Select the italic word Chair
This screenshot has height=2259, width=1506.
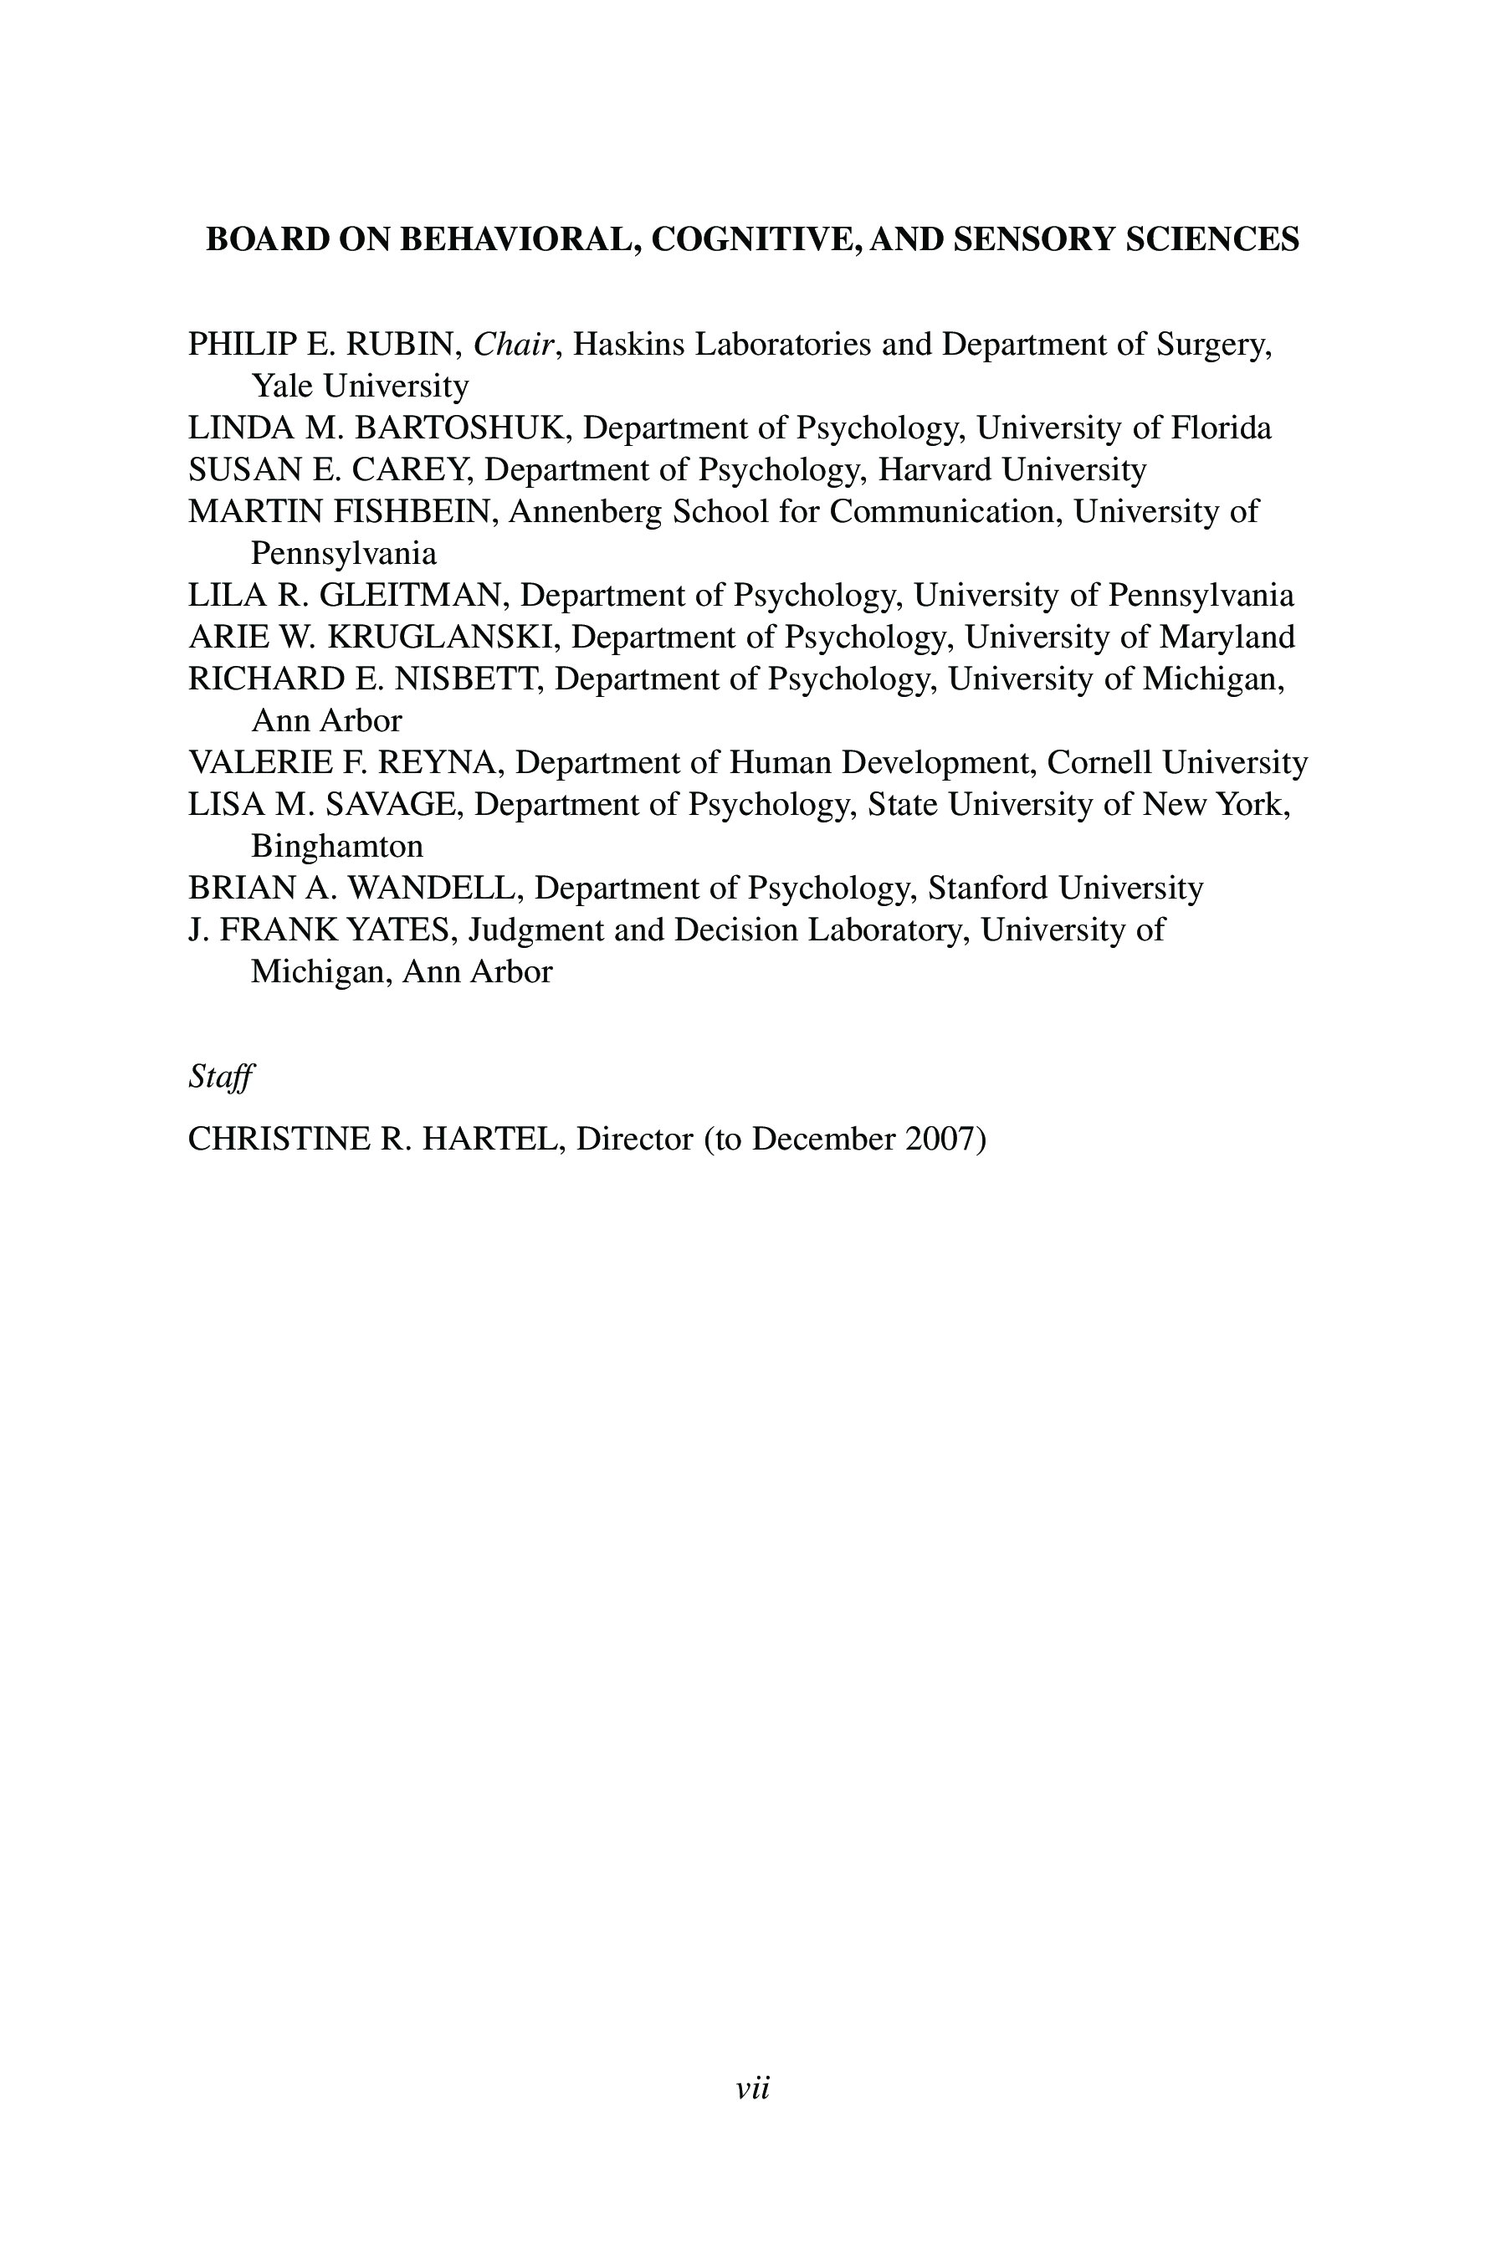pyautogui.click(x=514, y=344)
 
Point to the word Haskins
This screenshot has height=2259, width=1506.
pyautogui.click(x=628, y=344)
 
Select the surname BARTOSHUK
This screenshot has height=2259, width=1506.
pyautogui.click(x=463, y=428)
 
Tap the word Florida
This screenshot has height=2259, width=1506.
pyautogui.click(x=1221, y=428)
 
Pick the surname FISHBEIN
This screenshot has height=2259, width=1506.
pyautogui.click(x=414, y=512)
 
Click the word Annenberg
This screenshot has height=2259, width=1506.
pyautogui.click(x=585, y=512)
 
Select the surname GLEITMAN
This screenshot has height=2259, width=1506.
pyautogui.click(x=411, y=596)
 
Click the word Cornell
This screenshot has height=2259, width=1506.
pyautogui.click(x=1099, y=762)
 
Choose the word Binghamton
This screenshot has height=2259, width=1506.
pyautogui.click(x=336, y=846)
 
